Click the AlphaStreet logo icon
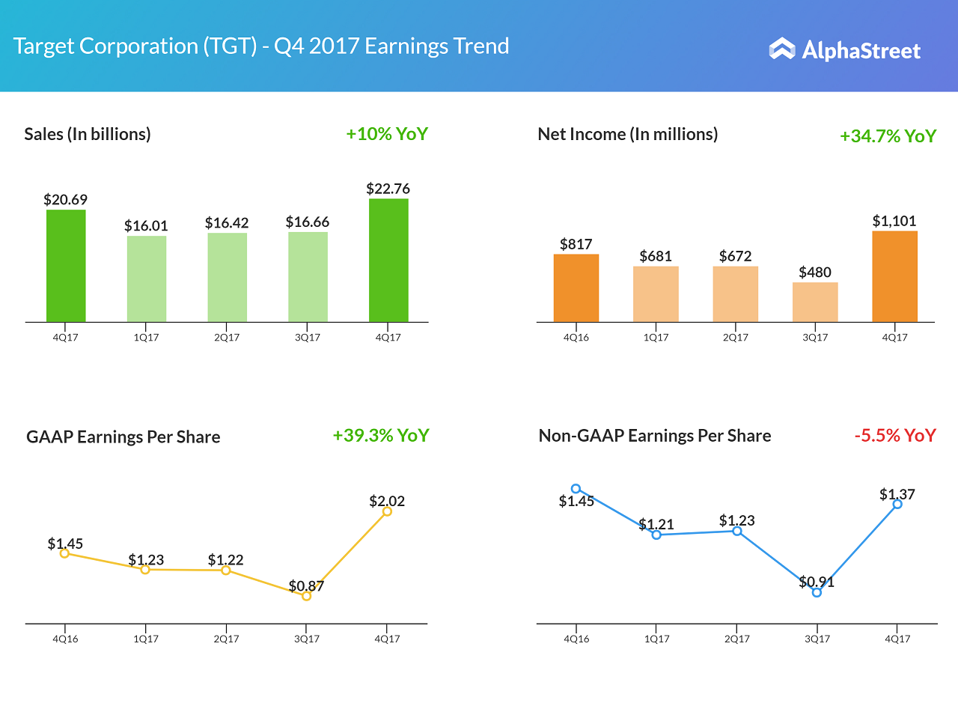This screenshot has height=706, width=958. [x=782, y=49]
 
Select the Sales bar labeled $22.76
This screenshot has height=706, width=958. [x=388, y=260]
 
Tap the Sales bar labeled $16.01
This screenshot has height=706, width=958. [x=147, y=279]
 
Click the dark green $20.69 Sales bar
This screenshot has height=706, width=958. [x=66, y=266]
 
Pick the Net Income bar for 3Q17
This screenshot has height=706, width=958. [x=815, y=302]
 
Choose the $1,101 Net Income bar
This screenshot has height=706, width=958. [x=894, y=276]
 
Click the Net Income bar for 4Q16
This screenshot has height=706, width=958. [x=576, y=288]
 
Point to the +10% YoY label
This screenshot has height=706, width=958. [x=387, y=134]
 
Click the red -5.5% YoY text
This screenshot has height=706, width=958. [x=895, y=435]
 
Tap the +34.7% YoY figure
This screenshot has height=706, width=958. [x=888, y=136]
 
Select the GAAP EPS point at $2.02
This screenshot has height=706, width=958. [x=387, y=511]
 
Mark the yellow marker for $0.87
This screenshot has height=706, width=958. [x=306, y=596]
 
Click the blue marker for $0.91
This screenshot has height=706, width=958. [x=817, y=592]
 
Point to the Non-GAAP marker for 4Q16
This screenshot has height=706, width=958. [x=576, y=489]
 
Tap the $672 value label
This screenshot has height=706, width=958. [x=735, y=256]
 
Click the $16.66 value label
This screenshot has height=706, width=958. [x=308, y=222]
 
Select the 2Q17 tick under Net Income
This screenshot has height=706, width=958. [x=736, y=337]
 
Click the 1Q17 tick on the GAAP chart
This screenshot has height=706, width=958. [x=145, y=639]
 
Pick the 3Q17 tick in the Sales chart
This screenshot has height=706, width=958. [x=308, y=337]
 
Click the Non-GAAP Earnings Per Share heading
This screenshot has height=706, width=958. [x=655, y=436]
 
